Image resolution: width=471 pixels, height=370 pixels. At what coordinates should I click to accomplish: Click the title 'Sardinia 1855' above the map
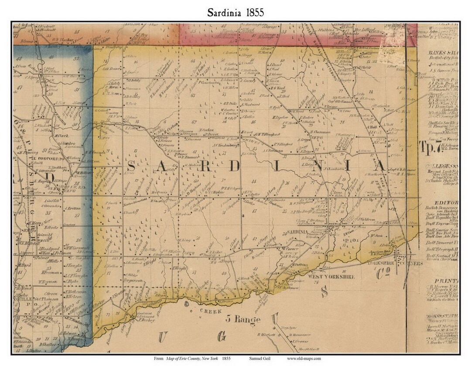point(235,12)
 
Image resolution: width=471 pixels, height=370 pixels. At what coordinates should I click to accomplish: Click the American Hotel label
point(379,252)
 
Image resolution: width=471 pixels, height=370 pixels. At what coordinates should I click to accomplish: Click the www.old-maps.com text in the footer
point(304,358)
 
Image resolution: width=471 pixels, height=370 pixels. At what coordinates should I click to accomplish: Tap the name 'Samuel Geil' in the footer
point(259,358)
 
